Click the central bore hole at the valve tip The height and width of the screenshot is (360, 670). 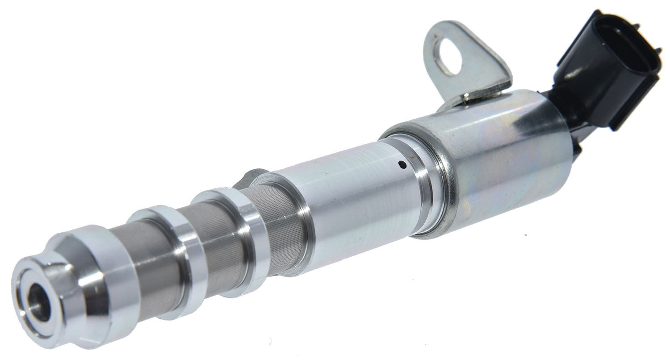(x=39, y=302)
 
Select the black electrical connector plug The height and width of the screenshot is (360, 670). (x=603, y=71)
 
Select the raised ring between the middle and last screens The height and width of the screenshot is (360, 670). (x=246, y=232)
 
